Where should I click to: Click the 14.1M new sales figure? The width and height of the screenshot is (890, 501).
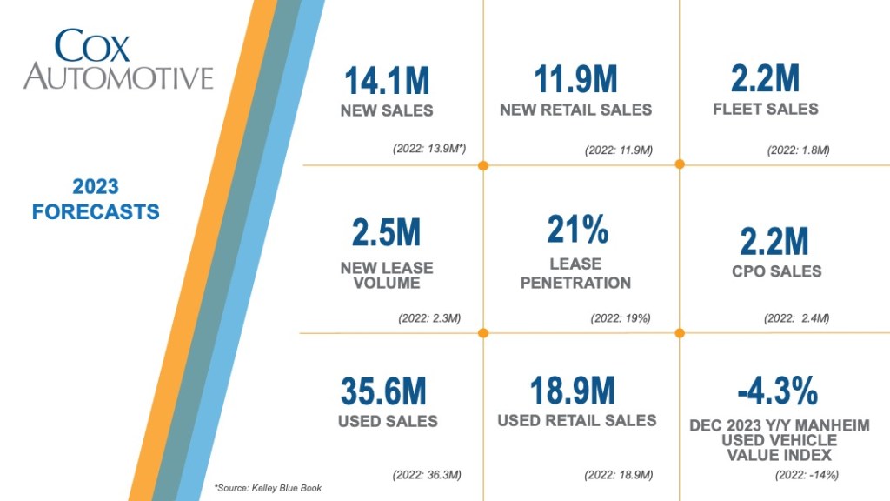click(x=387, y=81)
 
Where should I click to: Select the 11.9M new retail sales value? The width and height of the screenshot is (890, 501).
click(x=575, y=80)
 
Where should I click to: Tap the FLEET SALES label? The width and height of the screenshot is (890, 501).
click(x=765, y=110)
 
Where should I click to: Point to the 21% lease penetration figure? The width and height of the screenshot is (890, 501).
click(x=576, y=230)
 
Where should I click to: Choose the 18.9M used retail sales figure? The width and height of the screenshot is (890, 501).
click(x=572, y=391)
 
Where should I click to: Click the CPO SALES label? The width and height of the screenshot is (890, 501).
click(x=776, y=271)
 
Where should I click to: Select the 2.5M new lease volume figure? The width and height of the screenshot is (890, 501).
click(x=386, y=233)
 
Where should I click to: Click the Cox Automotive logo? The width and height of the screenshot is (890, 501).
click(x=118, y=59)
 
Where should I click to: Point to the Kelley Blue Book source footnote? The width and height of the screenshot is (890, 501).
click(x=268, y=488)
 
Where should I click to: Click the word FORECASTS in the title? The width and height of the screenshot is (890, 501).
click(x=96, y=211)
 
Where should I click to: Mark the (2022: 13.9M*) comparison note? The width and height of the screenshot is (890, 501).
click(x=429, y=150)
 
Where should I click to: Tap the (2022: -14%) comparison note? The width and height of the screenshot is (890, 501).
click(x=806, y=475)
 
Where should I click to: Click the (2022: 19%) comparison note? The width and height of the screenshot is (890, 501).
click(x=620, y=318)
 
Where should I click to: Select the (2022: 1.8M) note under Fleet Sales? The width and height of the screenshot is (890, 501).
click(x=798, y=150)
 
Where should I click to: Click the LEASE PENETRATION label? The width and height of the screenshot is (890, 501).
click(x=575, y=273)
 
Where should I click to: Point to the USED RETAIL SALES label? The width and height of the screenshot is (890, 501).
click(x=576, y=421)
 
